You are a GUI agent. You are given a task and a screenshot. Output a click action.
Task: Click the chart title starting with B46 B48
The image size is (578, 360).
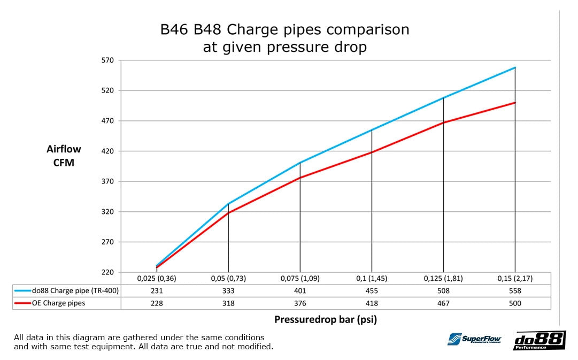[284, 38]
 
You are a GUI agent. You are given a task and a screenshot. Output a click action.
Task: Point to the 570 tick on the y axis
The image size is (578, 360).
[107, 60]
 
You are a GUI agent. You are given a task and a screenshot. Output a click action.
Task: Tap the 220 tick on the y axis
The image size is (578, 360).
[107, 272]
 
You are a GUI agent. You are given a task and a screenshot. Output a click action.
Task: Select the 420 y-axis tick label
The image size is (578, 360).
[107, 151]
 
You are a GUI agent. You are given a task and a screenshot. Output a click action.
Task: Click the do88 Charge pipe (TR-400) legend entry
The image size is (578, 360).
[67, 291]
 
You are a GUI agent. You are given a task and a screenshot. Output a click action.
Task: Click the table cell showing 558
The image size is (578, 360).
[514, 291]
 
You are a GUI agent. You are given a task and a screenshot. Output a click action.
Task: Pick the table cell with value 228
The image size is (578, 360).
[157, 303]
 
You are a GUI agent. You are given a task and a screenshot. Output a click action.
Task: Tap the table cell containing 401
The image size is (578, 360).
[300, 291]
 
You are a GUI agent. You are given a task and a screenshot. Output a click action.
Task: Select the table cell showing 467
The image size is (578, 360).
[443, 303]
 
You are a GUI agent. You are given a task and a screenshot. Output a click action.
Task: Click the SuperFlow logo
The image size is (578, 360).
[474, 339]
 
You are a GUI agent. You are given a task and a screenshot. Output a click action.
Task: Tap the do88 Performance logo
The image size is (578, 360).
[539, 340]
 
